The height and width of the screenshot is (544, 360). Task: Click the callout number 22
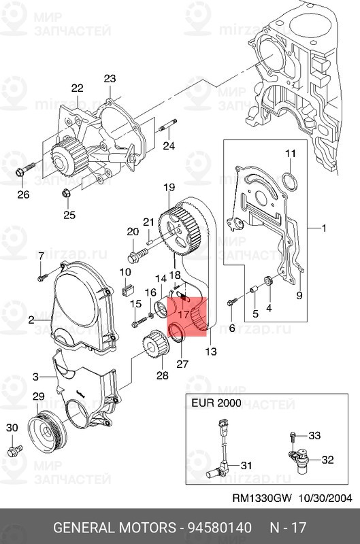click(x=77, y=88)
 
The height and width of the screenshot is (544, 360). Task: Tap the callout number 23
click(x=110, y=79)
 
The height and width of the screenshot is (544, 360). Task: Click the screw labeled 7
click(x=42, y=275)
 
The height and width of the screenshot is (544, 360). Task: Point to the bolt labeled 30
click(x=14, y=451)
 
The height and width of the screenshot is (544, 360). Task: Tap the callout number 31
click(x=246, y=466)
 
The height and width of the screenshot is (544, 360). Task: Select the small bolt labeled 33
click(x=293, y=436)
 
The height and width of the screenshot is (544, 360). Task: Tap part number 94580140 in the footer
click(x=215, y=528)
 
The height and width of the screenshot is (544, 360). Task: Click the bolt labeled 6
click(x=233, y=301)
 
